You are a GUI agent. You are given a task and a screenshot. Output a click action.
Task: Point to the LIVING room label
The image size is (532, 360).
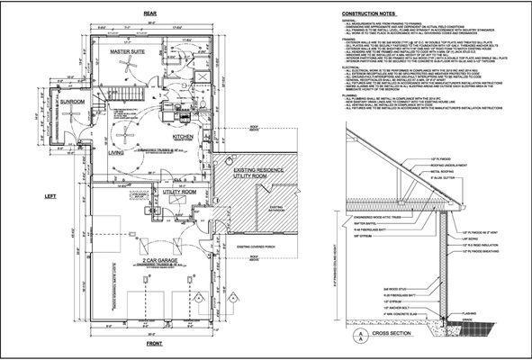pyautogui.click(x=116, y=153)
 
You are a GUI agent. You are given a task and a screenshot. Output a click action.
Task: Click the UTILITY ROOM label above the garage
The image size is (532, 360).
pyautogui.click(x=179, y=192)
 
